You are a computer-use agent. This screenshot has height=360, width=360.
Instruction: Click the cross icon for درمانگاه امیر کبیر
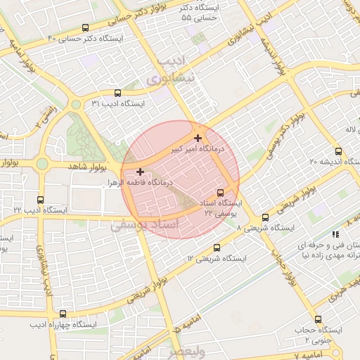point(198,138)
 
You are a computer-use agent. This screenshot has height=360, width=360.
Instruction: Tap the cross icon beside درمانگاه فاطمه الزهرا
point(141,171)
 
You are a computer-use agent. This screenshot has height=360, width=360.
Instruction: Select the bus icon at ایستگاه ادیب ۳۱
point(117,92)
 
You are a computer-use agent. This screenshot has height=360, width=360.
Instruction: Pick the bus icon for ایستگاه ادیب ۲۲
point(39,199)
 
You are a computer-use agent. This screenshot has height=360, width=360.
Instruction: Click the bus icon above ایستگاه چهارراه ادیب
point(63,314)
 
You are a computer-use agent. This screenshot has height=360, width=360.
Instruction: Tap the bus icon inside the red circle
point(221,193)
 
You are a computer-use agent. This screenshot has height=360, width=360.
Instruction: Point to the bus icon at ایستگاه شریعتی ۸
point(265,217)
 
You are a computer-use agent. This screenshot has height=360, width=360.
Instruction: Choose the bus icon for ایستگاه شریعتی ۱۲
point(217,247)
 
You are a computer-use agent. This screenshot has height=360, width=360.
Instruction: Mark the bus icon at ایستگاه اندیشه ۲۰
point(338,150)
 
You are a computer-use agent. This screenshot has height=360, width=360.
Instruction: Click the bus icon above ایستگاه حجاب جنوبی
point(318,319)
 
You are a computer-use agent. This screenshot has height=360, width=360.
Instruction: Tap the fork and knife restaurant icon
point(335,234)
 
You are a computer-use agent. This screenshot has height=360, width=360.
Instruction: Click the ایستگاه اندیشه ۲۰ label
point(314,162)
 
